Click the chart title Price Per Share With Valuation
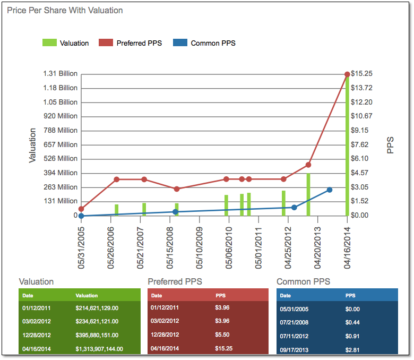[65, 10]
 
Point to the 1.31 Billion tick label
[60, 74]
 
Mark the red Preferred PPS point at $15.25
[347, 74]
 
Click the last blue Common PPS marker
[330, 190]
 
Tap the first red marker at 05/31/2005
[81, 209]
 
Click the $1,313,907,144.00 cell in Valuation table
[99, 349]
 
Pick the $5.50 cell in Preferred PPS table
[222, 335]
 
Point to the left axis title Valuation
[33, 144]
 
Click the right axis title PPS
[391, 144]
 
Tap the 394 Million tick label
[60, 173]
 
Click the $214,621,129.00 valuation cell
[97, 307]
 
